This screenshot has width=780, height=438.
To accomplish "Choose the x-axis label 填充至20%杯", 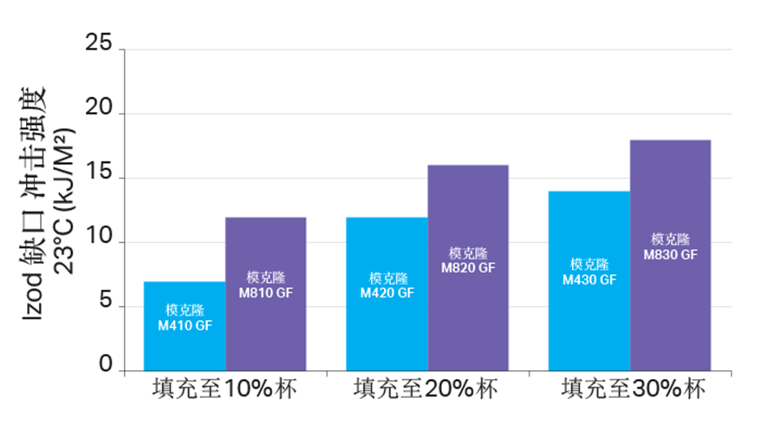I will coord(426,390).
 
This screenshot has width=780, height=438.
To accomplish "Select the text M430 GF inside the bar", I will coord(589,279).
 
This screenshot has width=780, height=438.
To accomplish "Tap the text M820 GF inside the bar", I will coord(468,267).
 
